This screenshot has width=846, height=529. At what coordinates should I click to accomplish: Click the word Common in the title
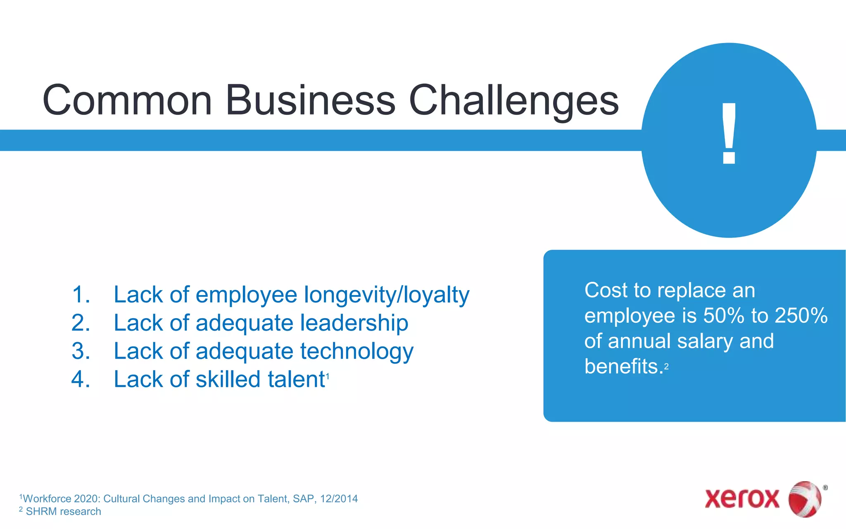[x=127, y=100]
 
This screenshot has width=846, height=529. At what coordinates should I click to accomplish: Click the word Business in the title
[x=310, y=100]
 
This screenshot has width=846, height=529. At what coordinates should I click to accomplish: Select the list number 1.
[x=80, y=295]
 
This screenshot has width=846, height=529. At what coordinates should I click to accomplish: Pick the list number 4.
[x=80, y=379]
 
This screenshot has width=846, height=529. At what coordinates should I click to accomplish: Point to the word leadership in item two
[x=354, y=323]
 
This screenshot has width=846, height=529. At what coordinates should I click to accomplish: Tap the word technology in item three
[x=356, y=352]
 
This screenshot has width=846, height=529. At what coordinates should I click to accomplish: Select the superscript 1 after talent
[x=328, y=376]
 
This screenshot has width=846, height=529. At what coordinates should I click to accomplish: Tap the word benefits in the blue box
[x=623, y=367]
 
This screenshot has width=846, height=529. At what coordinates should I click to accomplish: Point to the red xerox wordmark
[x=742, y=499]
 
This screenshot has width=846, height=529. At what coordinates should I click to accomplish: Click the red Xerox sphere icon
[x=805, y=499]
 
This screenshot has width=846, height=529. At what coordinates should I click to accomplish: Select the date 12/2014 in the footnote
[x=339, y=499]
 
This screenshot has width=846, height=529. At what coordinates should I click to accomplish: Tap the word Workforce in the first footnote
[x=46, y=499]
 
